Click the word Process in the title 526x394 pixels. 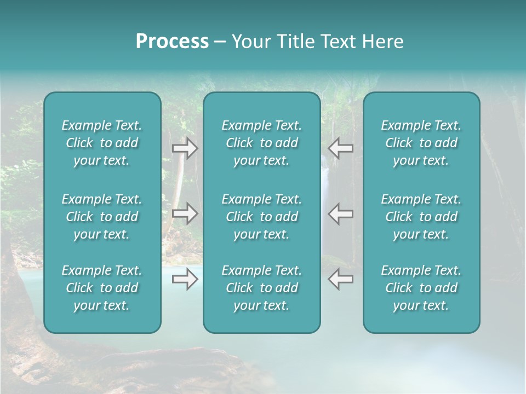[172, 42]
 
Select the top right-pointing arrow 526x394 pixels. [185, 148]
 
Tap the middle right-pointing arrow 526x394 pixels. [185, 213]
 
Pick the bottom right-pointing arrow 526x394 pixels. [185, 280]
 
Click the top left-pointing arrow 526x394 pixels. [341, 148]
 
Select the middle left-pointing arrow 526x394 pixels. [341, 213]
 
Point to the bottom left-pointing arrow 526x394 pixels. [341, 280]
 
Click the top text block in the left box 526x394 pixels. [102, 143]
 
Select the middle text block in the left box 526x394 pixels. [102, 217]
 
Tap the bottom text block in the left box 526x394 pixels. [102, 288]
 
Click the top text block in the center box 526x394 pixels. [261, 143]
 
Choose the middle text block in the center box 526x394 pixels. [261, 217]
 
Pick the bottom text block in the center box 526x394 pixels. [261, 288]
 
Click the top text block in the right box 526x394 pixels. [421, 143]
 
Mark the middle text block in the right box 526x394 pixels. [421, 217]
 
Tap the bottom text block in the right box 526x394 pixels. [421, 288]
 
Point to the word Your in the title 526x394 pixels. [249, 42]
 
